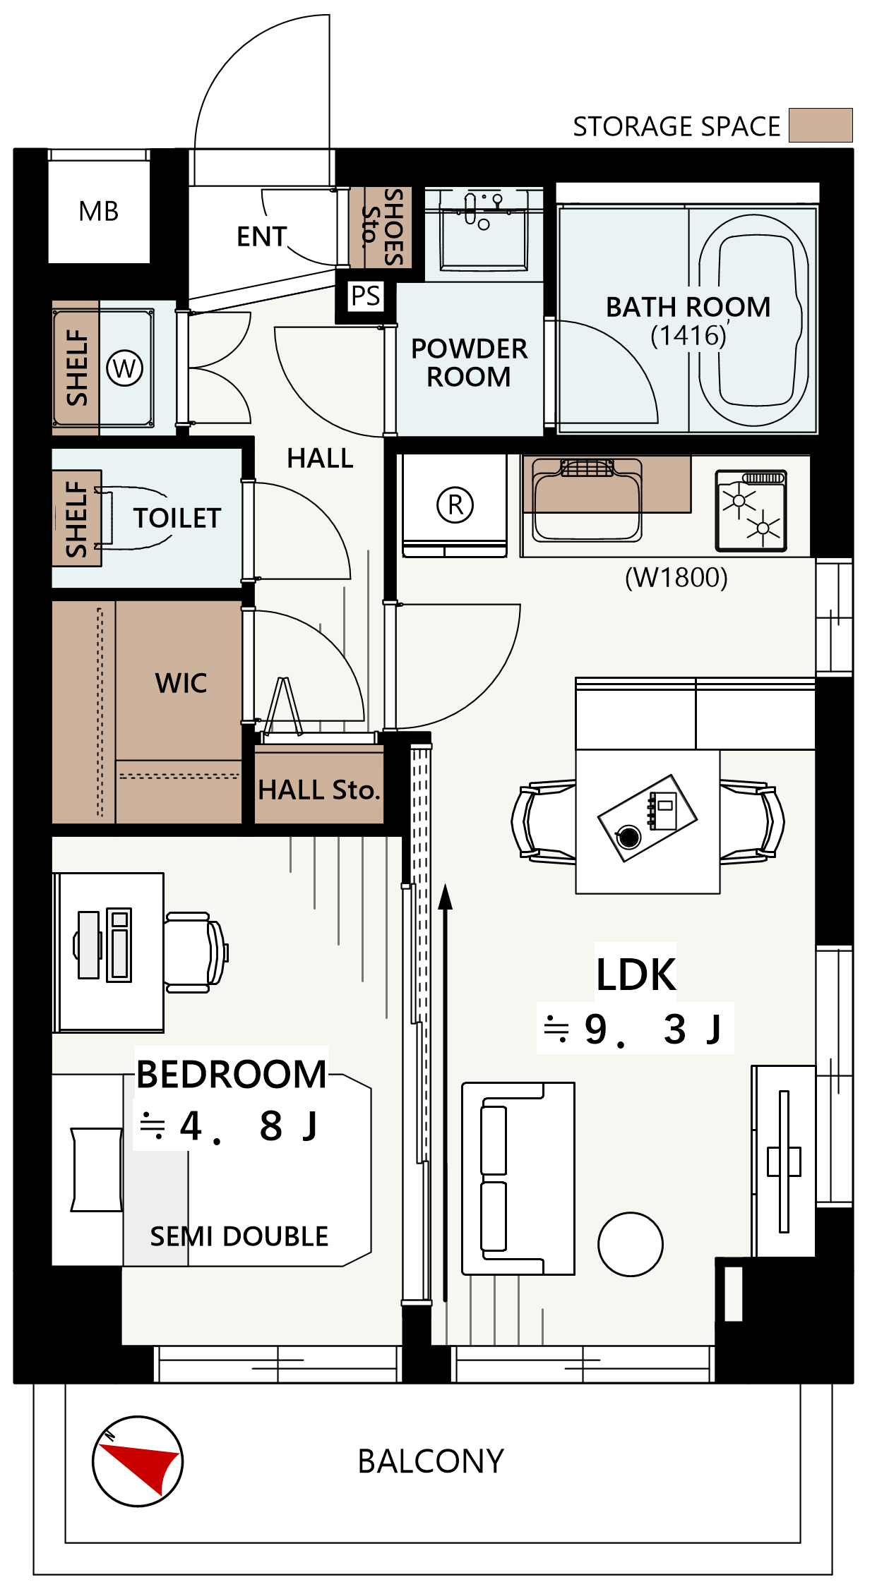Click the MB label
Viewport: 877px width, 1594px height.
pos(99,211)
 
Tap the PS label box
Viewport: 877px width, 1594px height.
pos(366,296)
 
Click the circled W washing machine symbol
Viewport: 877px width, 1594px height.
pos(125,368)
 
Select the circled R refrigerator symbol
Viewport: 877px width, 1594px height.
pos(455,505)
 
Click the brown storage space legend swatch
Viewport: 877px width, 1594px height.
pos(821,125)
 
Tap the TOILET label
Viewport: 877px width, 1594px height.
pos(177,518)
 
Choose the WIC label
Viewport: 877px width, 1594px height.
pos(181,683)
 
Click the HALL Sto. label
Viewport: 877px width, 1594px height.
pos(319,790)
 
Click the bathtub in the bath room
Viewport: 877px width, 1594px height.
pos(754,320)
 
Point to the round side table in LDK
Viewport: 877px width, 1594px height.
pos(631,1244)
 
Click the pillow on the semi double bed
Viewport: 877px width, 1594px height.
pos(97,1170)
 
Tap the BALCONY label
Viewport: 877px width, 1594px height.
pos(431,1461)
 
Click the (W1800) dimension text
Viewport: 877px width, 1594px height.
pos(676,577)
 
